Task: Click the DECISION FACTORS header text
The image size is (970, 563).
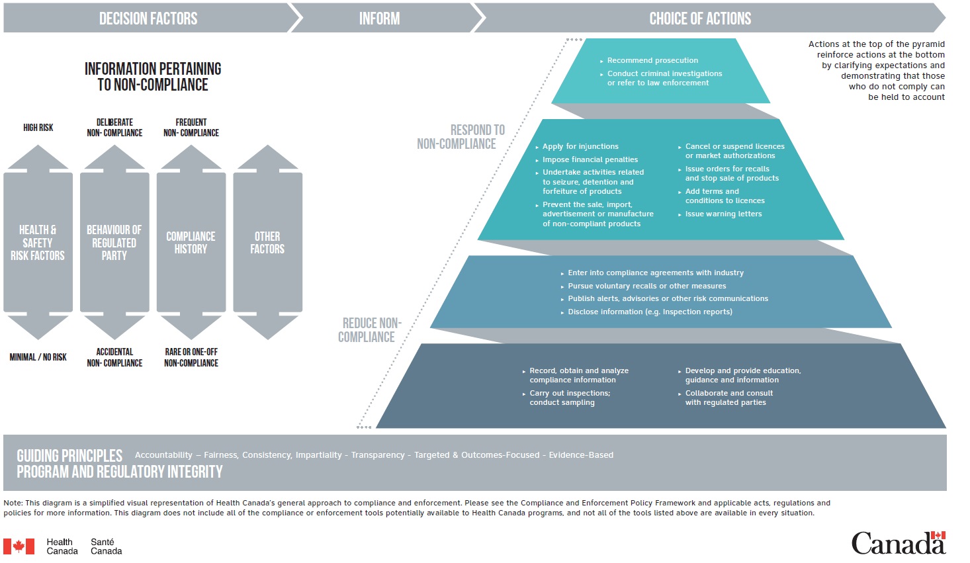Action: (x=148, y=19)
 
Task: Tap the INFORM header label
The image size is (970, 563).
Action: (x=379, y=19)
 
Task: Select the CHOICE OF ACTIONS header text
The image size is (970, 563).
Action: (x=700, y=19)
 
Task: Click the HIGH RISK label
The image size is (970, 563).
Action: (x=38, y=128)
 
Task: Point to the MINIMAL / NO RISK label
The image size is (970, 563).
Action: (x=38, y=357)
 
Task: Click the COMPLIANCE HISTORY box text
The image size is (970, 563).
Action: (x=191, y=243)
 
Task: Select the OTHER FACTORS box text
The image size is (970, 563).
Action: (x=267, y=243)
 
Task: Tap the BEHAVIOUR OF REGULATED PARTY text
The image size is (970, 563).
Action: (x=114, y=243)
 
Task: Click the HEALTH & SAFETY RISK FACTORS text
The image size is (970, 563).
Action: (x=38, y=243)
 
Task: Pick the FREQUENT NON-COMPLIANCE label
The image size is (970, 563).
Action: (x=191, y=128)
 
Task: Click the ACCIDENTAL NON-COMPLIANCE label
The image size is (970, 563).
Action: (x=114, y=357)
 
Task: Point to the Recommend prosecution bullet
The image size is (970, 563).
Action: (x=652, y=60)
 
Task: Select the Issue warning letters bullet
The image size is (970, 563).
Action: (x=723, y=214)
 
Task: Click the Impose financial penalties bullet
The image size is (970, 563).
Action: (x=590, y=159)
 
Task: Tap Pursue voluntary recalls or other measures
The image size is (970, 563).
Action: (x=646, y=286)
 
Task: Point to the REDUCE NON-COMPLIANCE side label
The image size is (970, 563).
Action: (x=370, y=330)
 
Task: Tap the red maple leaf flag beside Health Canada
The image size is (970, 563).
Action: (x=19, y=546)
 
